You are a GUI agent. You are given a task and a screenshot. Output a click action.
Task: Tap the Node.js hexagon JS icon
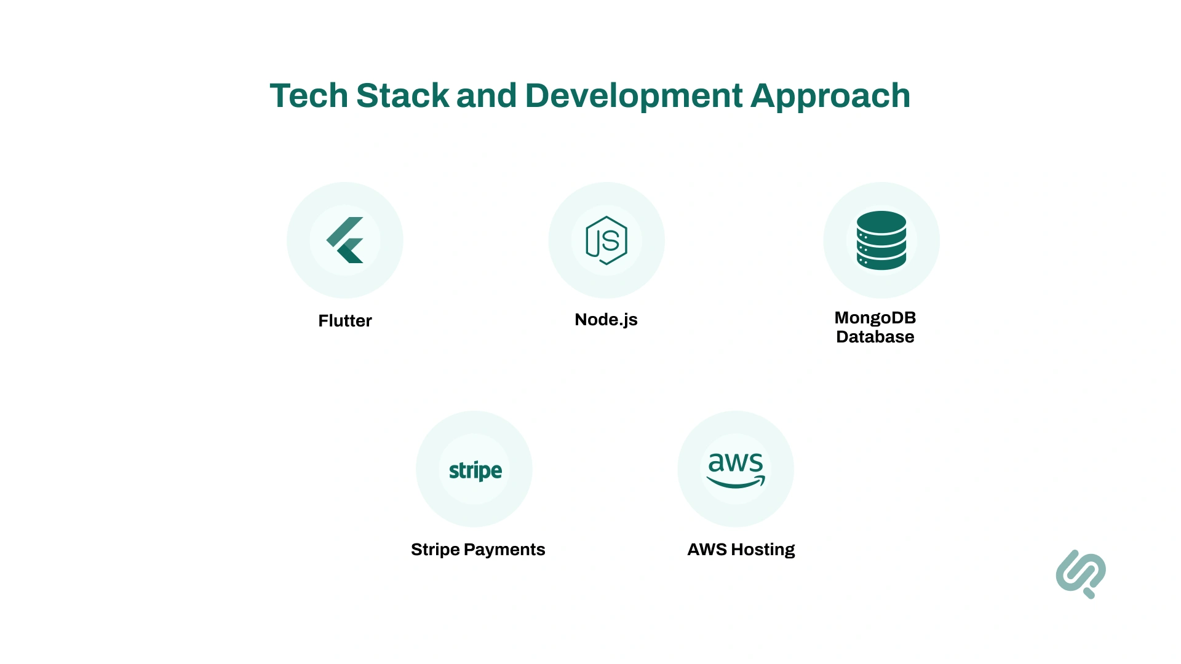coord(606,240)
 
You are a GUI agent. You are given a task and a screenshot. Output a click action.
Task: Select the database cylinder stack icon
coord(881,240)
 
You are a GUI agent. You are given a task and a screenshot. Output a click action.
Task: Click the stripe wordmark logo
coord(475,471)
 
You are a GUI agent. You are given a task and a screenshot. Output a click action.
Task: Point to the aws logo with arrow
coord(736,469)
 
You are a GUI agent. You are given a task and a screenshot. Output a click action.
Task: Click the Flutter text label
coord(345,321)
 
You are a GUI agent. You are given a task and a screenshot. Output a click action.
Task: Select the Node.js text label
coord(606,320)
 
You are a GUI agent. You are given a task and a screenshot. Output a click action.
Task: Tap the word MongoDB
coord(875,318)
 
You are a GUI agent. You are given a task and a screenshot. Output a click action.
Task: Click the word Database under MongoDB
coord(875,337)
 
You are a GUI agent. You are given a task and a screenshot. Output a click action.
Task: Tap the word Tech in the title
coord(309,96)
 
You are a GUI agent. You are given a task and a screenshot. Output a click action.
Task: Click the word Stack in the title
coord(402,96)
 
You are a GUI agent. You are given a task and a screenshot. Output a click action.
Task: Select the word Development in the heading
coord(634,96)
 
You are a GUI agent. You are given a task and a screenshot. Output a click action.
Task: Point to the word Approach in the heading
coord(830,96)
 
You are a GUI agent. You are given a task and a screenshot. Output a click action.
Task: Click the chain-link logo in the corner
coord(1081,574)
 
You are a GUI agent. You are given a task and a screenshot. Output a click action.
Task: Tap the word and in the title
coord(486,96)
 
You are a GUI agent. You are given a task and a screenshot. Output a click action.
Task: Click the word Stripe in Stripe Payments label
coord(435,550)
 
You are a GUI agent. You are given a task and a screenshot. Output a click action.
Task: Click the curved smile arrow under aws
coord(736,483)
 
